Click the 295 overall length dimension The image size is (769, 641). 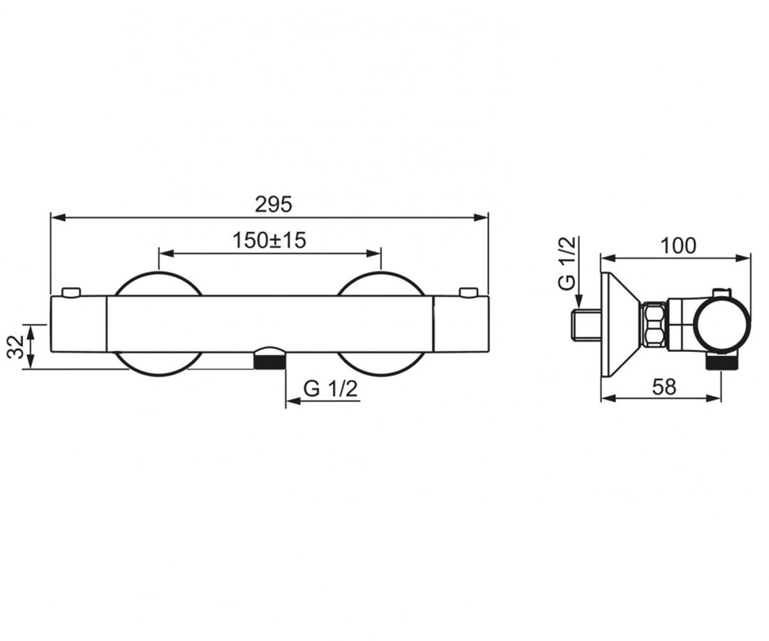273,204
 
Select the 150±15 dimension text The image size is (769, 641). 269,240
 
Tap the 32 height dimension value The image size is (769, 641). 16,346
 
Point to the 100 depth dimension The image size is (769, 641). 679,246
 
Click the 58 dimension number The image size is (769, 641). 664,387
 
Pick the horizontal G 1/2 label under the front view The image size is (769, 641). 331,388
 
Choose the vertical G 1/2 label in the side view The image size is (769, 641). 566,263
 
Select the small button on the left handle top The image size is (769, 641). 71,292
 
